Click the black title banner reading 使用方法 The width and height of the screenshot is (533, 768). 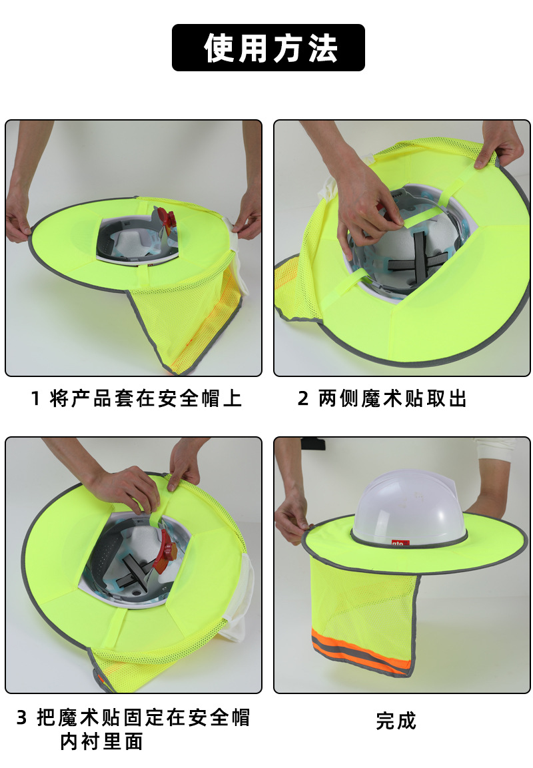pos(268,47)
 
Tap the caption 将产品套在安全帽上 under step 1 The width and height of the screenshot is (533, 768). pos(147,399)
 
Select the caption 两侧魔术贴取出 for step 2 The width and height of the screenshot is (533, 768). pos(392,399)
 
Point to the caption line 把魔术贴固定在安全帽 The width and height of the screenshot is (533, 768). pos(143,717)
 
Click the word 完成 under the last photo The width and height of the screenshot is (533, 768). pos(396,721)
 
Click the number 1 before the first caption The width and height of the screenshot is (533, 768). pos(35,399)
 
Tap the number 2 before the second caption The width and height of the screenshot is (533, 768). pos(303,399)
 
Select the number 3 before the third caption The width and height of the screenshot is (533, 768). pos(21,718)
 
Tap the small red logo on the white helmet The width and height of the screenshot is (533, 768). pos(398,543)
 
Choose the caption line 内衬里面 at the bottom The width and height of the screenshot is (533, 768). pos(102,742)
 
